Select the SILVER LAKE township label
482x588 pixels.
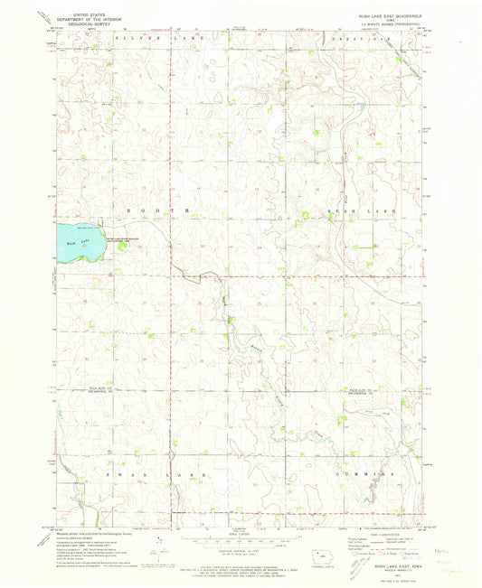[x=139, y=41]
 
